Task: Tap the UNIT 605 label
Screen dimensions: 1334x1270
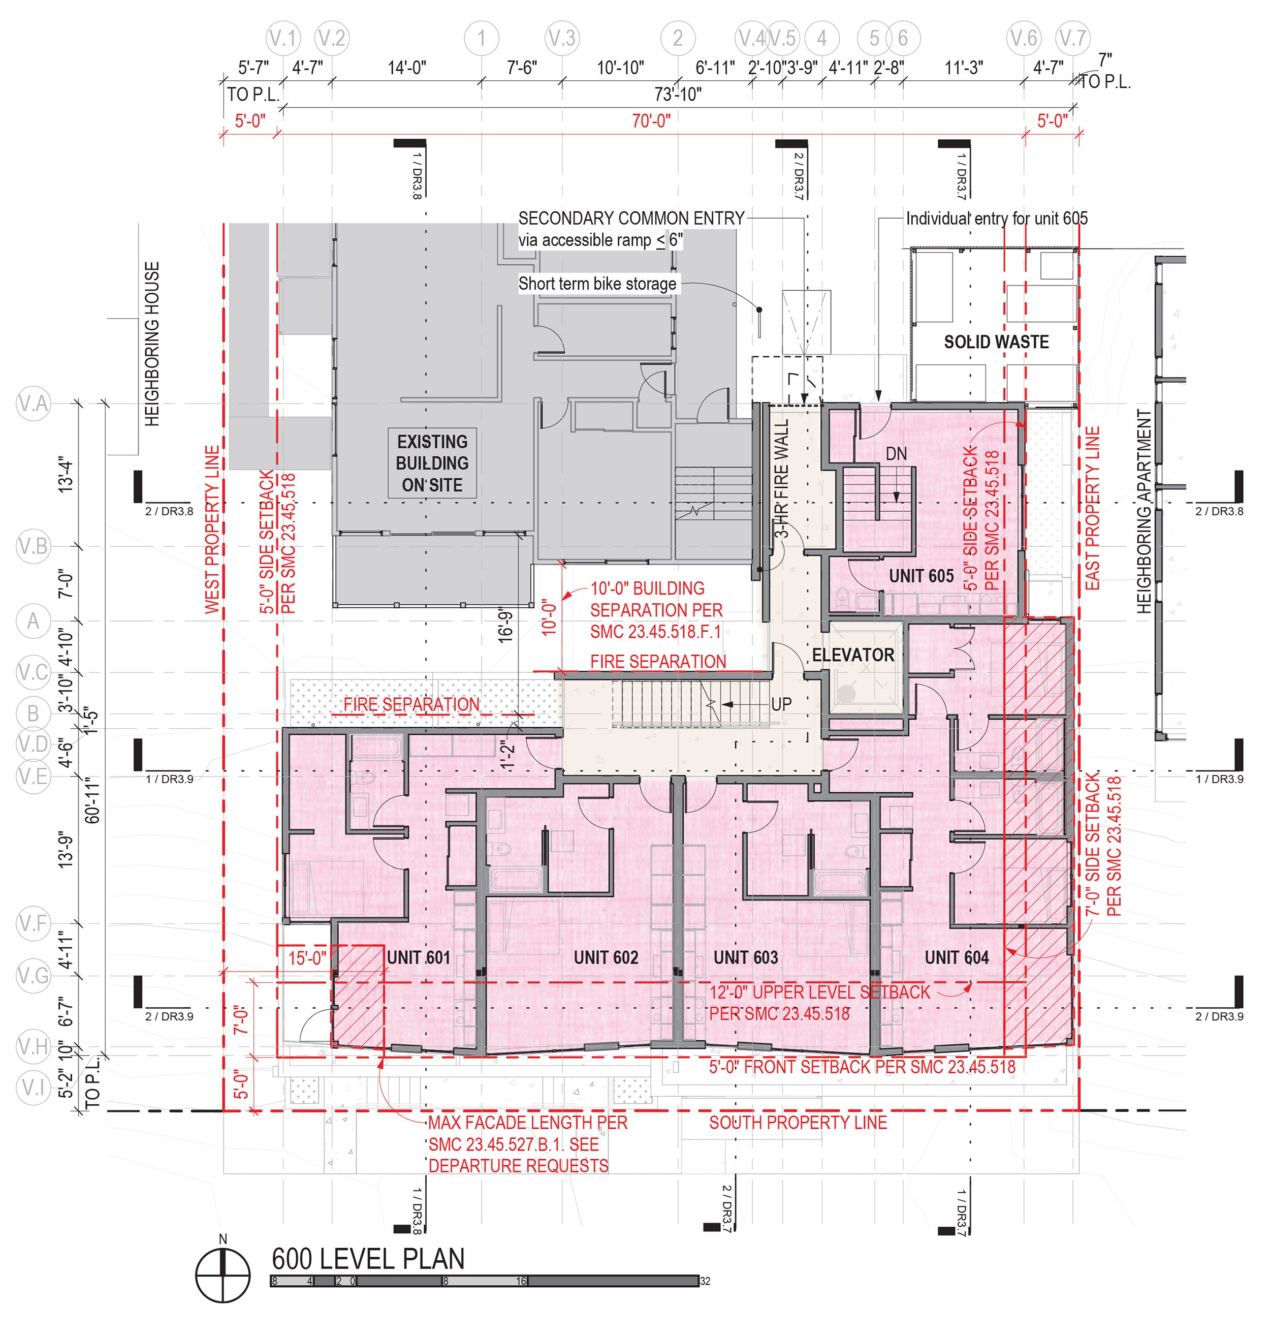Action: (x=920, y=576)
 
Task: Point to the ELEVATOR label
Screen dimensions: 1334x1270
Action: (x=853, y=655)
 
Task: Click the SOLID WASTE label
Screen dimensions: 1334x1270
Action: (x=996, y=342)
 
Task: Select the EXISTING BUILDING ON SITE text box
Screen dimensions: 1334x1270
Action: (x=432, y=463)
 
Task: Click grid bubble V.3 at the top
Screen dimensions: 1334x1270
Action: (x=562, y=39)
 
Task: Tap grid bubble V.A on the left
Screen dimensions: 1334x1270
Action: (x=33, y=404)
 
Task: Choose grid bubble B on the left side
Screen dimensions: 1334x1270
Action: (x=33, y=713)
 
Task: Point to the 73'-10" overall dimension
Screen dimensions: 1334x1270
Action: (x=677, y=94)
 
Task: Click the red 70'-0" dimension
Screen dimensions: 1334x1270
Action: (x=651, y=121)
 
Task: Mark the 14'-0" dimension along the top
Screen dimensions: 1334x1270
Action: (x=406, y=68)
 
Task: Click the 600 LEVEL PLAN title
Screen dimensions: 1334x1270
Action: (x=368, y=1259)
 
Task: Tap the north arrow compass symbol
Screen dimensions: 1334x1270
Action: (x=223, y=1275)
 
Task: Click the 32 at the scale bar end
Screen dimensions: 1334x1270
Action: (x=706, y=1281)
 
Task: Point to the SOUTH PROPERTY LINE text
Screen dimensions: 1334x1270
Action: (x=798, y=1123)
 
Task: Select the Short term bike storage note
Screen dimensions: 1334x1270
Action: (x=597, y=284)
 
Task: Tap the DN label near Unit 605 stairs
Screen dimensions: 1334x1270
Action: (x=896, y=454)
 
